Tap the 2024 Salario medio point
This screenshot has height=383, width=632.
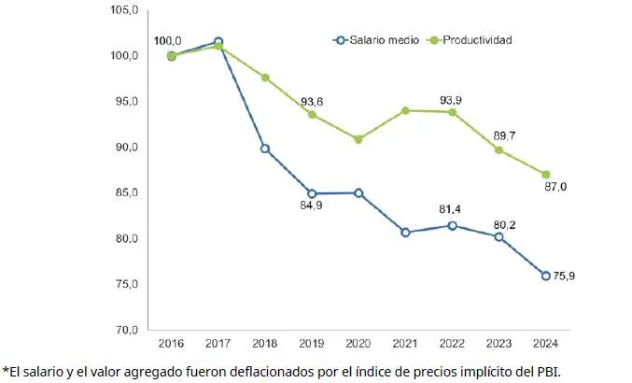click(546, 276)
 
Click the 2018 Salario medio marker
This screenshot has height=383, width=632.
click(265, 149)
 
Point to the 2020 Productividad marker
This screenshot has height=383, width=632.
click(359, 139)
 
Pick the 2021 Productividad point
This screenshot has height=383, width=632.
click(406, 110)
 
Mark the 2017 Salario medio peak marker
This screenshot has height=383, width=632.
click(218, 42)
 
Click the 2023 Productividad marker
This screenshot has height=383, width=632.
click(499, 150)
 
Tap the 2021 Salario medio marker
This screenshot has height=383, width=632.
click(406, 232)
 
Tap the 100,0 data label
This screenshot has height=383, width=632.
click(169, 42)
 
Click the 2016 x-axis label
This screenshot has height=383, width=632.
click(172, 347)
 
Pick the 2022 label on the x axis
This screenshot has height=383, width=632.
click(453, 347)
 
